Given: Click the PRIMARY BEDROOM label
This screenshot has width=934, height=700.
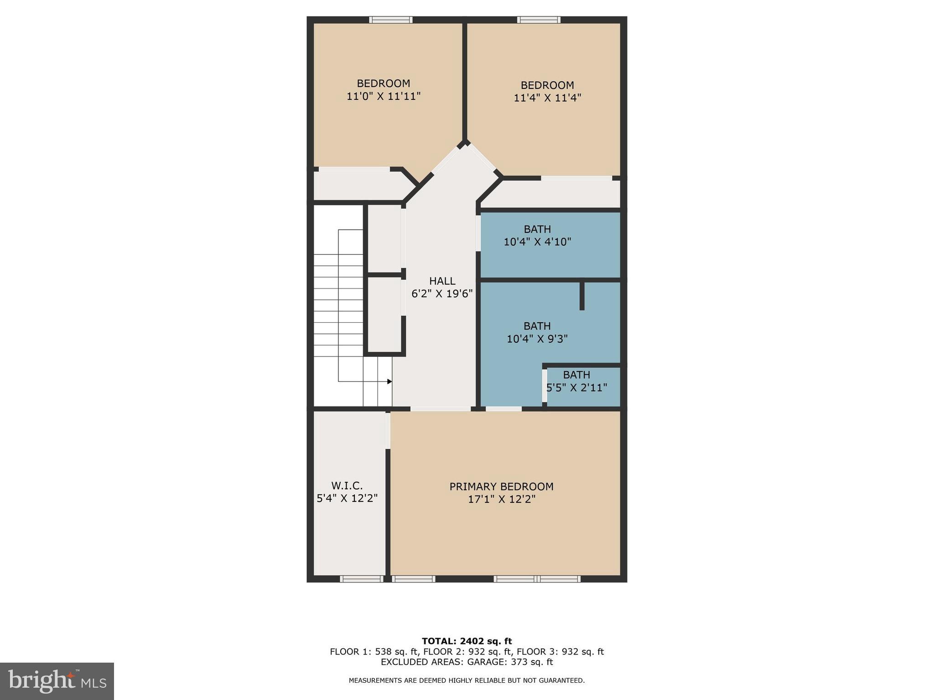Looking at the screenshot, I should point(501,486).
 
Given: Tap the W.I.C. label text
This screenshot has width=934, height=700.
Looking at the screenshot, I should point(347,485).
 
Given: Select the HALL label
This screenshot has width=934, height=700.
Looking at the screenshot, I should point(442,281).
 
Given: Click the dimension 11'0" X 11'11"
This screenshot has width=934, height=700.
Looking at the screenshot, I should point(384,96).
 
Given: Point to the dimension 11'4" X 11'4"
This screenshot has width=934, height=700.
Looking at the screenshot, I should point(547,98).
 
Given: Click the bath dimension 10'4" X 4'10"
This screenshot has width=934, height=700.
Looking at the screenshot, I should point(537,242).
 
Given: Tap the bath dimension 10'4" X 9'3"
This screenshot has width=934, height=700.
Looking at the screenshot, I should point(537,339).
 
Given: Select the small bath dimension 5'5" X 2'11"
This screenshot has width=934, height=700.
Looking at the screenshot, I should point(577,387).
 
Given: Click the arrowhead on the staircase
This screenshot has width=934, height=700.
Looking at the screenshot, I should point(389,381).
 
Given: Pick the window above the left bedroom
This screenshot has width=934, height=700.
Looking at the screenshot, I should point(391,20).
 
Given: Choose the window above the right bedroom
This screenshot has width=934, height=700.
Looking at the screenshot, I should point(539,20).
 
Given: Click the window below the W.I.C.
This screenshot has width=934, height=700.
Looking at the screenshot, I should point(362,579).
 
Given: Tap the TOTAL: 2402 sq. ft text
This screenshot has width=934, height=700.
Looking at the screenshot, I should point(467,641).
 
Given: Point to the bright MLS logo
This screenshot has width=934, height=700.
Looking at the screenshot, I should point(57,681).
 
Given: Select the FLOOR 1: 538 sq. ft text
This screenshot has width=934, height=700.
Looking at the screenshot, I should point(374,652).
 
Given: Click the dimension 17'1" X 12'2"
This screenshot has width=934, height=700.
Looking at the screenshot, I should point(501,499).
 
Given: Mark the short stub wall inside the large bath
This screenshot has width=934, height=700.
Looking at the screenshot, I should point(582,296).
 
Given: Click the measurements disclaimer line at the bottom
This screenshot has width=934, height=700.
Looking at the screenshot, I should point(467,680).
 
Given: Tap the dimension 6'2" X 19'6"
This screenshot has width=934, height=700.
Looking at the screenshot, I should point(442,293).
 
